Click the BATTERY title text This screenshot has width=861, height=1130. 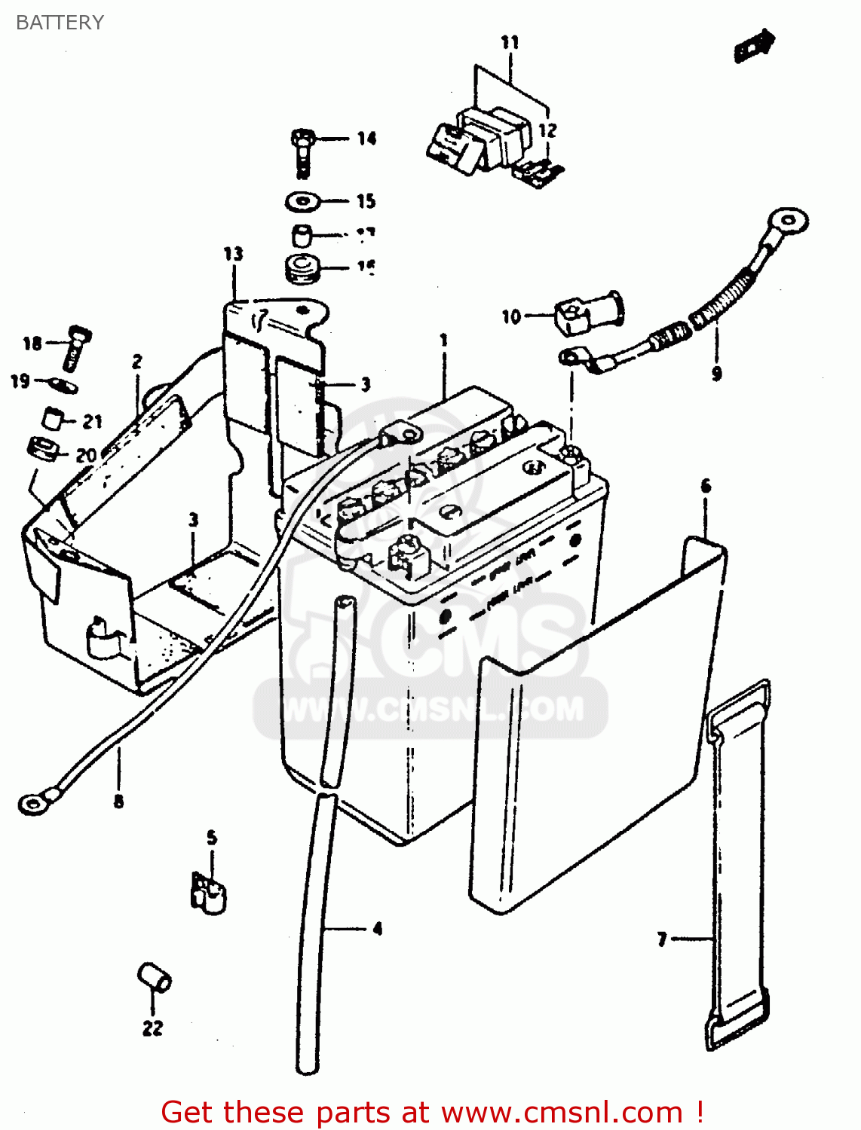coord(60,23)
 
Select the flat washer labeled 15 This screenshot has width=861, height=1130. coord(303,202)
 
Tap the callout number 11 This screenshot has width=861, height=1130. coord(510,43)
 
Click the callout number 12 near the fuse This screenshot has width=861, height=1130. coord(547,130)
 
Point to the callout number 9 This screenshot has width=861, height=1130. coord(716,373)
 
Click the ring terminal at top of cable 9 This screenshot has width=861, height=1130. coord(787,221)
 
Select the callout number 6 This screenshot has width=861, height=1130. coord(706,486)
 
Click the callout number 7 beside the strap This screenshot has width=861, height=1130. coord(662,939)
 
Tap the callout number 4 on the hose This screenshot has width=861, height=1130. coord(378,928)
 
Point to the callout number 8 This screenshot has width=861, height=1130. coord(118,802)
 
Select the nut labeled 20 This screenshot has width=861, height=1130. coord(44,450)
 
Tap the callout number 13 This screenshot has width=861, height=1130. coord(234,254)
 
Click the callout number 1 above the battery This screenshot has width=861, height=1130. coord(444,341)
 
